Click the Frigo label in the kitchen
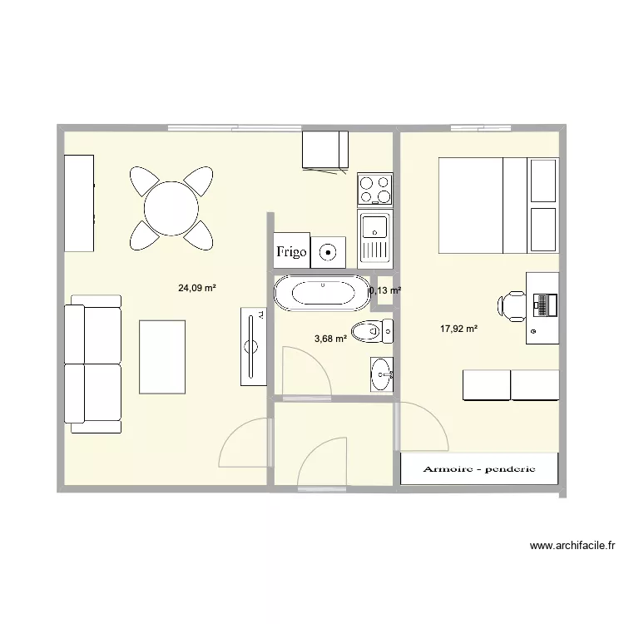point(291,250)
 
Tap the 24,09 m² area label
point(197,289)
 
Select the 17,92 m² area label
point(458,329)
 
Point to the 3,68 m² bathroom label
point(329,338)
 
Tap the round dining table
point(171,209)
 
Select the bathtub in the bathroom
point(319,292)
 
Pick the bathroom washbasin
point(381,372)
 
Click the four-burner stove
point(374,188)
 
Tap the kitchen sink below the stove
point(374,236)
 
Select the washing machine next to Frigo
point(329,250)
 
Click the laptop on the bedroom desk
point(545,304)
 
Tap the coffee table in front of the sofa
point(162,356)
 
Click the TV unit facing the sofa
point(253,346)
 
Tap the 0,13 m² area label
point(385,290)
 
